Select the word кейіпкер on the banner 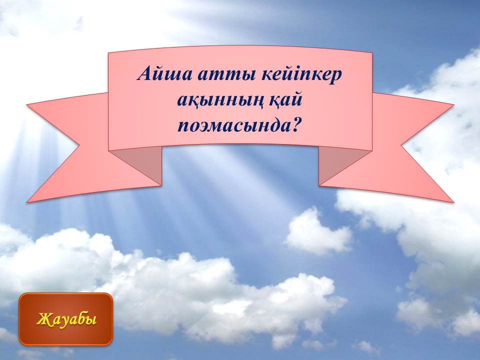[x=301, y=74]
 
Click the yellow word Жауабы [x=66, y=319]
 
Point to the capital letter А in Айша [x=144, y=73]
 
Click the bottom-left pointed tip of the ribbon [x=27, y=202]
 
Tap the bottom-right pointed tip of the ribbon [x=453, y=202]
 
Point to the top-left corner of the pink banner [x=108, y=53]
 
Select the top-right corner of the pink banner [x=372, y=53]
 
